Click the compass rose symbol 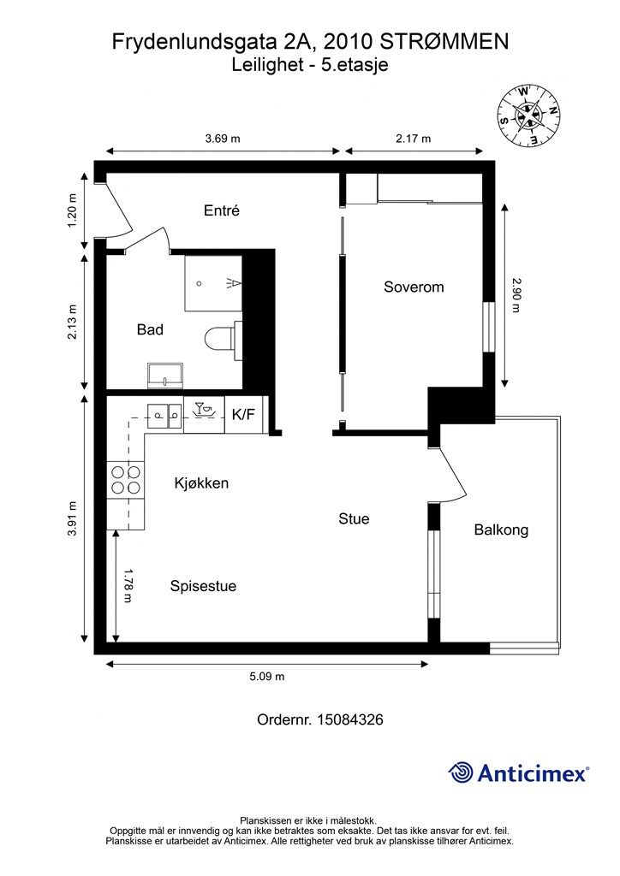(528, 115)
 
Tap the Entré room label (222, 210)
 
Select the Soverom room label (414, 287)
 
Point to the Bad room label (150, 329)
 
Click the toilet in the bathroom (223, 339)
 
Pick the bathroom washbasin (165, 375)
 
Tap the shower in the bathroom (213, 284)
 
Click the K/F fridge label (243, 415)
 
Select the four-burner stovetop (126, 480)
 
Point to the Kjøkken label (201, 483)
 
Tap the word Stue (354, 519)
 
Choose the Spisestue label (204, 586)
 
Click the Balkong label (501, 530)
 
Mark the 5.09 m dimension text (266, 677)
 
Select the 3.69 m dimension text (223, 139)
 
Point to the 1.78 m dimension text (127, 586)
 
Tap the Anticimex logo (519, 773)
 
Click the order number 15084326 (350, 719)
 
